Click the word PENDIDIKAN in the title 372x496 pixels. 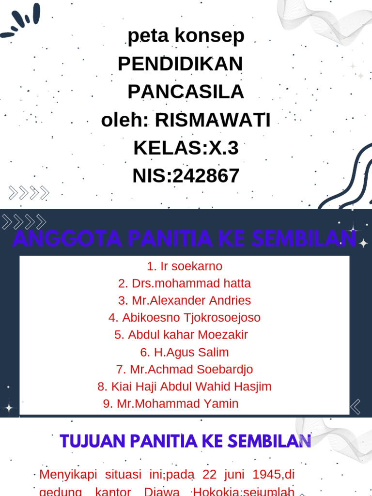[x=180, y=64]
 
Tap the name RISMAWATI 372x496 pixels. [x=213, y=120]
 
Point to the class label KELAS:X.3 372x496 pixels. [x=186, y=148]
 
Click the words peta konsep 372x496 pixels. [x=186, y=36]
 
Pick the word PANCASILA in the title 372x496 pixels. [x=186, y=92]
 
